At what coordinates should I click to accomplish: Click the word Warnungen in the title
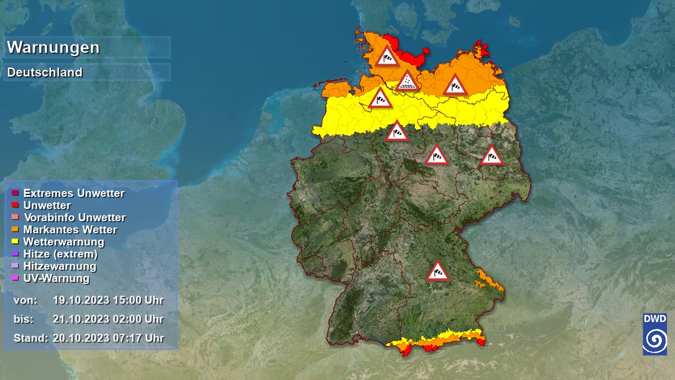(53, 47)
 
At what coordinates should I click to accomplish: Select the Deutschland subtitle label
(45, 72)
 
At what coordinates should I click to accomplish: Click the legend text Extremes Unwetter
(74, 193)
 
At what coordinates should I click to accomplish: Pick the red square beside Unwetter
(15, 205)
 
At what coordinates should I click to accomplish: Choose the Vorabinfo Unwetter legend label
(75, 217)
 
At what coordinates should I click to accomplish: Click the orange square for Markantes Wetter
(15, 229)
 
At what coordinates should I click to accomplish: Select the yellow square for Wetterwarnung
(15, 241)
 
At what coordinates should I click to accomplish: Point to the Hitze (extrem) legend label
(61, 254)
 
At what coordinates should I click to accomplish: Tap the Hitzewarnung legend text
(60, 266)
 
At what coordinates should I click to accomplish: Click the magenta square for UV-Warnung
(15, 278)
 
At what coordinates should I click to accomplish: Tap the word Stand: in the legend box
(31, 338)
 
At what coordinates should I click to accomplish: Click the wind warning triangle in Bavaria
(437, 271)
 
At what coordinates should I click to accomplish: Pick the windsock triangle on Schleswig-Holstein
(387, 56)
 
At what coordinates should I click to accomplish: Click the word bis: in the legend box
(24, 319)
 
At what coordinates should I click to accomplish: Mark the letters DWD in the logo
(654, 319)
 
